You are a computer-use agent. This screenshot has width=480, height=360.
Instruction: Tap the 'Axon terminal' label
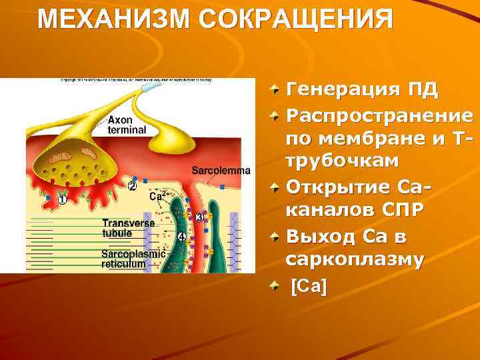tap(126, 125)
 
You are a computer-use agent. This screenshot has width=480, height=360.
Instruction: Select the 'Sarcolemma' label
tap(221, 170)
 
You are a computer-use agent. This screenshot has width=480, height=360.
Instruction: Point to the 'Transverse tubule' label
tap(128, 228)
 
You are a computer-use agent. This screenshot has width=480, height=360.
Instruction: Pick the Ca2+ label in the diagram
tap(159, 195)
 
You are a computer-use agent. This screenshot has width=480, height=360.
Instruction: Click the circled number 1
tap(62, 199)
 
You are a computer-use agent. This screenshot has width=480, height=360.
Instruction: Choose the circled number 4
tap(181, 237)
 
